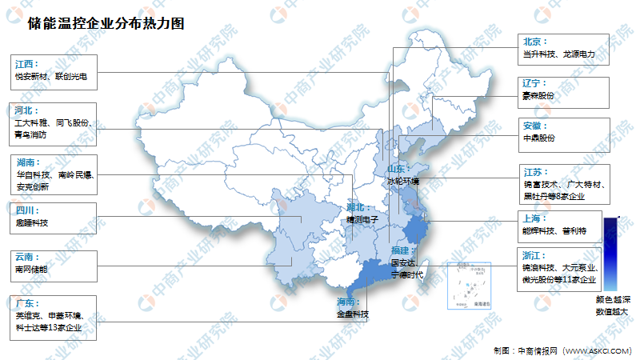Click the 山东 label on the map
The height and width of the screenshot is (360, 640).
pos(398,170)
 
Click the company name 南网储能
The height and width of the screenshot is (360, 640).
pos(31,270)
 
